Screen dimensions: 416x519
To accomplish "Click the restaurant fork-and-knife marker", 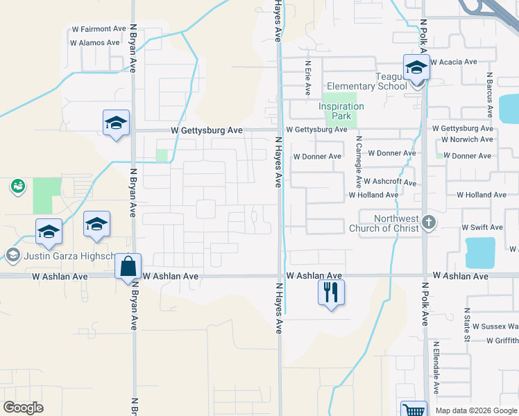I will pyautogui.click(x=331, y=292).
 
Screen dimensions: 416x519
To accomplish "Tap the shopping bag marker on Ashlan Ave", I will pyautogui.click(x=128, y=266).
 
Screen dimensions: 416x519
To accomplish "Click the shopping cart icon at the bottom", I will pyautogui.click(x=414, y=410).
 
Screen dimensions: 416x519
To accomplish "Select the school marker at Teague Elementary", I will pyautogui.click(x=416, y=68).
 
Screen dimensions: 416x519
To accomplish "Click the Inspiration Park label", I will pyautogui.click(x=341, y=111).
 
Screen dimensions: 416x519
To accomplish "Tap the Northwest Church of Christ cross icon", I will pyautogui.click(x=429, y=222).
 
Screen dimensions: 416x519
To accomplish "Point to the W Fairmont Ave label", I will pyautogui.click(x=99, y=29).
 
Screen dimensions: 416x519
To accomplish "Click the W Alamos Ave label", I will pyautogui.click(x=95, y=42).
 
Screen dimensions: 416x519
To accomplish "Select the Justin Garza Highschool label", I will pyautogui.click(x=66, y=257).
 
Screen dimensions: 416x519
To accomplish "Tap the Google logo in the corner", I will pyautogui.click(x=24, y=407).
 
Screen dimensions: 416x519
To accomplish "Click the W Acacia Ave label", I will pyautogui.click(x=454, y=62).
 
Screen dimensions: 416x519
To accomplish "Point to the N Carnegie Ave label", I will pyautogui.click(x=359, y=162).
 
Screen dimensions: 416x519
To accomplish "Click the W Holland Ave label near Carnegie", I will pyautogui.click(x=373, y=196).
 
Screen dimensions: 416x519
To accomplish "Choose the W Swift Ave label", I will pyautogui.click(x=482, y=227).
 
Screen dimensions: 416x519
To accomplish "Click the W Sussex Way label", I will pyautogui.click(x=493, y=325).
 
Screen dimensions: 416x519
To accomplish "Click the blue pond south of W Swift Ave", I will pyautogui.click(x=480, y=252).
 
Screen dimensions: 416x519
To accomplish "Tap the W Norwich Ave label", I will pyautogui.click(x=467, y=139).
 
